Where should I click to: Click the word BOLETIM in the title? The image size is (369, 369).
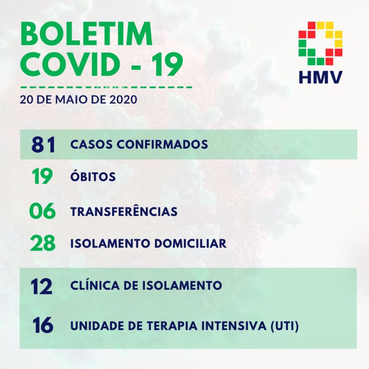86,34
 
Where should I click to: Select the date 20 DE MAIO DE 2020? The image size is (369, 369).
79,99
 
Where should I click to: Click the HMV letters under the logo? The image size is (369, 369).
320,77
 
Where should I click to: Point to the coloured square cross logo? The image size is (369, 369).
320,43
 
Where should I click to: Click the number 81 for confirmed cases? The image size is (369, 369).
43,145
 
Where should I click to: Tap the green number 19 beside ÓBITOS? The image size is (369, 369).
43,176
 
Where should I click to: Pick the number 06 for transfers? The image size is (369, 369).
43,211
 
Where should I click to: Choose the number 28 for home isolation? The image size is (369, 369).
43,243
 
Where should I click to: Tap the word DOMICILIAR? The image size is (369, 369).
190,243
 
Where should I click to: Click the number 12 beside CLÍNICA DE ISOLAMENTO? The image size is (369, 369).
41,286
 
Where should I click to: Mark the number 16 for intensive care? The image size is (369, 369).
43,325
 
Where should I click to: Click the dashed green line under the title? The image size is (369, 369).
106,87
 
